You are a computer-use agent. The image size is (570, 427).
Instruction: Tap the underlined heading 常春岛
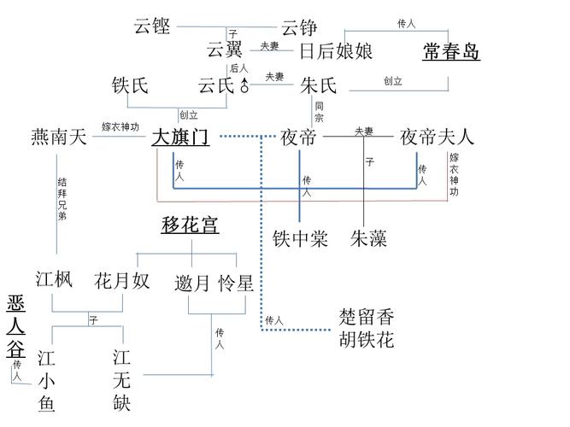click(x=451, y=52)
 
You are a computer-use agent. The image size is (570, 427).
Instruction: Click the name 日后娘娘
click(x=336, y=51)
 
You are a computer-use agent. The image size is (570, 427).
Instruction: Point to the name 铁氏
click(x=131, y=85)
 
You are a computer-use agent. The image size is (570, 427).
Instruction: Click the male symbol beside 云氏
click(x=245, y=85)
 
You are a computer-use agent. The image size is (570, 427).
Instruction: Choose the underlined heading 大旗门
click(x=180, y=137)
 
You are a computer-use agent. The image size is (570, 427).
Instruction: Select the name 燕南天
click(x=59, y=137)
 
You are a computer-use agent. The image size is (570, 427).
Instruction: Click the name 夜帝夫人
click(x=437, y=137)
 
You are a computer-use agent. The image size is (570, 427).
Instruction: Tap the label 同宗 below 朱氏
click(x=319, y=112)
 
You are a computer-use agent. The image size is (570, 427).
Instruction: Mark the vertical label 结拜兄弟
click(x=62, y=199)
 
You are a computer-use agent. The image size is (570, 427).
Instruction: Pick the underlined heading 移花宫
click(x=190, y=225)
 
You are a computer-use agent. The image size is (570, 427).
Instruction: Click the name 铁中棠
click(x=300, y=239)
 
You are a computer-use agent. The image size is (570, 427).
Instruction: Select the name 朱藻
click(x=368, y=239)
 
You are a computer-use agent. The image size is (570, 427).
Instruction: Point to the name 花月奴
click(x=122, y=280)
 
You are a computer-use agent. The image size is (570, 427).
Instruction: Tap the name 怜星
click(x=236, y=283)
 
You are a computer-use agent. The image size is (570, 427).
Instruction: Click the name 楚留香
click(x=367, y=318)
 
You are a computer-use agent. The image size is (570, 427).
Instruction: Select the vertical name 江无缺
click(x=121, y=379)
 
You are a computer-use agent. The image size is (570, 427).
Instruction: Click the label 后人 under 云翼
click(x=238, y=68)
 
